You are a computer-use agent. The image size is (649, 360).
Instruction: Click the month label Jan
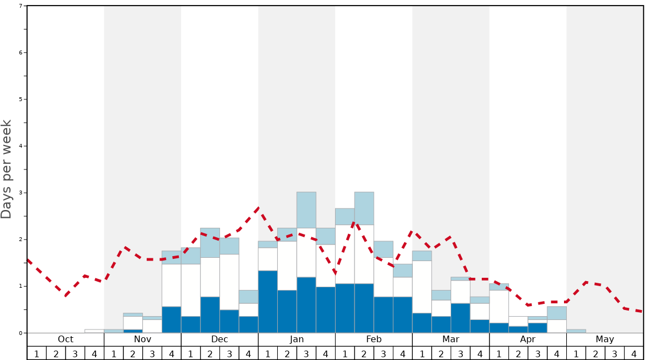297,339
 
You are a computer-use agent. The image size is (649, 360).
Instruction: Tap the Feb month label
374,339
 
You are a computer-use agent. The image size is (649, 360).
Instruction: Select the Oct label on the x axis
66,339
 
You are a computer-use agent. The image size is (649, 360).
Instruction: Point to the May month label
605,339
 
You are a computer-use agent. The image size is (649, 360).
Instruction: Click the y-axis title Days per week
7,169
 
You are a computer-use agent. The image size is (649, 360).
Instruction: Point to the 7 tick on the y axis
21,6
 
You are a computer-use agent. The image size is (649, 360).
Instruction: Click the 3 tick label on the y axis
21,193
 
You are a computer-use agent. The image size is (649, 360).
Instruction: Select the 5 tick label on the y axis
21,99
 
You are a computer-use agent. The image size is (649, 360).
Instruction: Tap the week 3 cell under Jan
306,353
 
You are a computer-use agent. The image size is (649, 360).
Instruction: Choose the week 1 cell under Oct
37,353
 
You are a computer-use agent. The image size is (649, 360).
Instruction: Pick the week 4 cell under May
634,353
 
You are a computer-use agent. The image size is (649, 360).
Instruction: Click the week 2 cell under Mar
441,353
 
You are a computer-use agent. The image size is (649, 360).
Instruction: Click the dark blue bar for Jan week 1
268,302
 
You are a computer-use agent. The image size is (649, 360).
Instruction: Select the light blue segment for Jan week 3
306,210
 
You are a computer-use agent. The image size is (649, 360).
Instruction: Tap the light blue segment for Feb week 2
364,208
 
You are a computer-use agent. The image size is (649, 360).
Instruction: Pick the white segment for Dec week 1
191,290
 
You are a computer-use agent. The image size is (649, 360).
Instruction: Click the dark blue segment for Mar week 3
461,318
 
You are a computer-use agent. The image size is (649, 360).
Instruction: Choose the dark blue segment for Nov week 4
171,319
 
